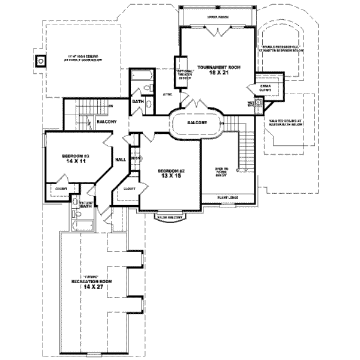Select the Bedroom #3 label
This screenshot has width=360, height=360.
pos(75,158)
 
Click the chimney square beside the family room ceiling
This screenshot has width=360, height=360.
pos(41,60)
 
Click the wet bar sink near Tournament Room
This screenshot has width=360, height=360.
pos(259,103)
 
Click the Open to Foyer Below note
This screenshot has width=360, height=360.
pos(222,173)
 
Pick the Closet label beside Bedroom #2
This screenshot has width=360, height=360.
pos(130,188)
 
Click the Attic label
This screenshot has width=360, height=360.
pos(168,95)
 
